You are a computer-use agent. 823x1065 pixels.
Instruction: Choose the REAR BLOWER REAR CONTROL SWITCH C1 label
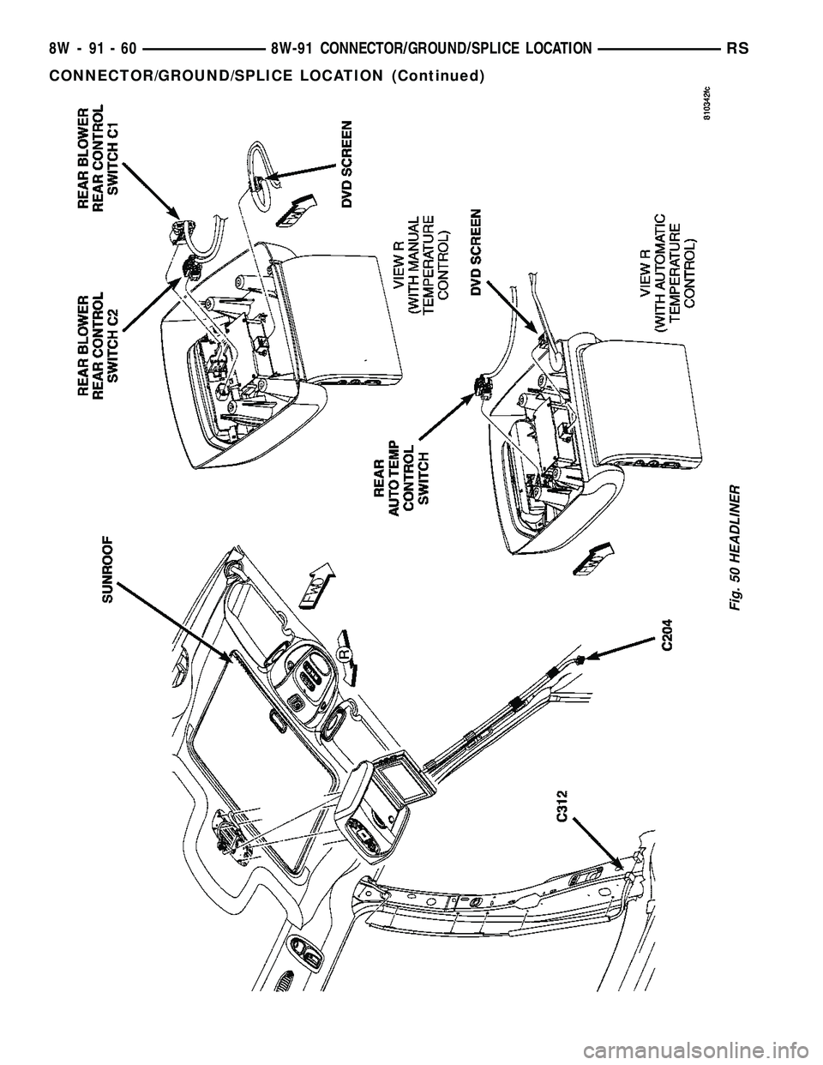tap(106, 158)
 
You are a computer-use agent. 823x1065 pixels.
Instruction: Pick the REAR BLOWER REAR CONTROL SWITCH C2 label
tap(105, 346)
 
